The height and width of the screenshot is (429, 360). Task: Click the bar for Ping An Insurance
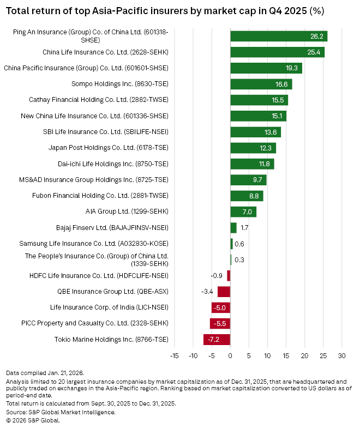pyautogui.click(x=278, y=37)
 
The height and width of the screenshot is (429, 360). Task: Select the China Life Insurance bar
pyautogui.click(x=277, y=52)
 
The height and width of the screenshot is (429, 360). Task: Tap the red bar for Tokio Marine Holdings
pyautogui.click(x=217, y=340)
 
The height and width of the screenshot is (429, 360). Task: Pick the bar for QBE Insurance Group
pyautogui.click(x=224, y=292)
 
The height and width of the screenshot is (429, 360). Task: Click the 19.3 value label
pyautogui.click(x=292, y=68)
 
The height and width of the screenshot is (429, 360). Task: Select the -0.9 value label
pyautogui.click(x=217, y=276)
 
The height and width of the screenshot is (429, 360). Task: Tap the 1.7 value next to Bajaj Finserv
pyautogui.click(x=244, y=228)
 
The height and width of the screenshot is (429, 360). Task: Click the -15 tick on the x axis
pyautogui.click(x=174, y=356)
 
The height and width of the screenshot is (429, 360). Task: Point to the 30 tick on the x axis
pyautogui.click(x=342, y=356)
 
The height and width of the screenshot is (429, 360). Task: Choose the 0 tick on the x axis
pyautogui.click(x=230, y=356)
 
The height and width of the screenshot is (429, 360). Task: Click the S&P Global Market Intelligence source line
pyautogui.click(x=61, y=412)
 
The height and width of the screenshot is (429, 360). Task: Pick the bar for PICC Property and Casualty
pyautogui.click(x=220, y=324)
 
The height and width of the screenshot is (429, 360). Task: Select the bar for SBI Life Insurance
pyautogui.click(x=255, y=132)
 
